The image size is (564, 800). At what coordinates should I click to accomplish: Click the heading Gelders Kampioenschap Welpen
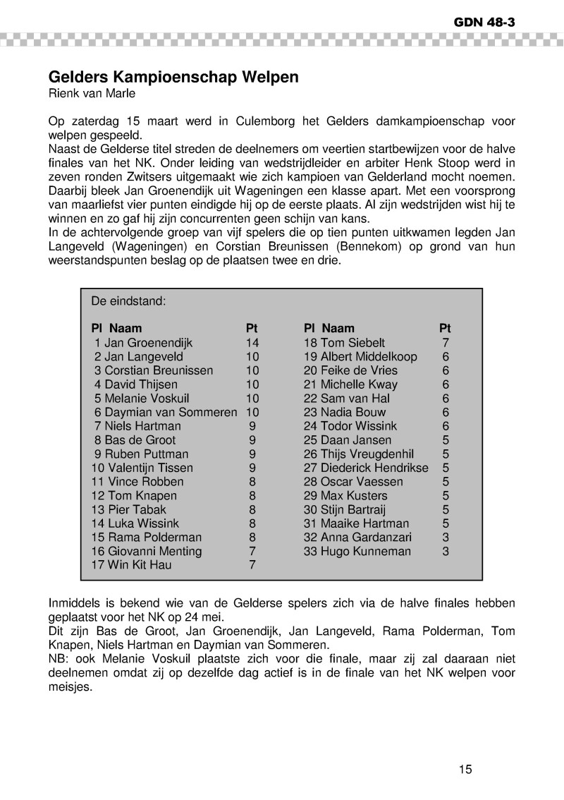click(x=173, y=78)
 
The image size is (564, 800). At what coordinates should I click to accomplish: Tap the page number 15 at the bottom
click(x=465, y=770)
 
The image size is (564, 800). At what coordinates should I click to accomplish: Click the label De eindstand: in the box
click(x=128, y=301)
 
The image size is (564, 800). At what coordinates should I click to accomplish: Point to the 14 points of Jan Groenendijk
click(x=252, y=343)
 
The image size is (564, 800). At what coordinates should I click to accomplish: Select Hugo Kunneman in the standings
click(x=365, y=551)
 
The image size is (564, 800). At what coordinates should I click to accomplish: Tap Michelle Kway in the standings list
click(x=359, y=384)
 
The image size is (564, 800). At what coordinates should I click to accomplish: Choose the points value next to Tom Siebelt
click(x=445, y=343)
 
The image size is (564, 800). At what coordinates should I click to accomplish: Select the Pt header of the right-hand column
click(x=445, y=328)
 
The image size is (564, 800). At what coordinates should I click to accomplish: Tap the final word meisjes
click(x=70, y=686)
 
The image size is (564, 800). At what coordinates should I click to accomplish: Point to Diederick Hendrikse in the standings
click(x=374, y=468)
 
